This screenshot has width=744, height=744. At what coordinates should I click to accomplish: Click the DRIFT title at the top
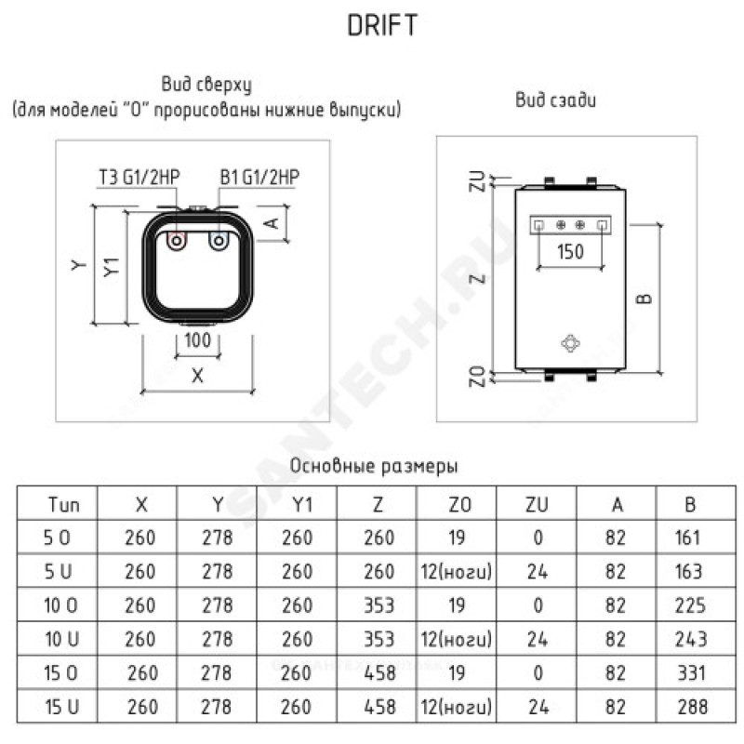click(382, 25)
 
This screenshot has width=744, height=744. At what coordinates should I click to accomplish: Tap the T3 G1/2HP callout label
click(139, 177)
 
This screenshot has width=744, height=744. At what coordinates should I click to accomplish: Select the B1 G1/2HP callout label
click(259, 177)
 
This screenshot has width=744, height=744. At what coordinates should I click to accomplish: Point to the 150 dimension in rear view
click(570, 251)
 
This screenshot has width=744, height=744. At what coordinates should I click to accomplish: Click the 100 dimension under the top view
click(197, 340)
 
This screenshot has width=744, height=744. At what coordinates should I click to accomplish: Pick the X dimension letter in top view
click(197, 376)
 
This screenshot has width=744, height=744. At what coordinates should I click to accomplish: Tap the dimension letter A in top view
click(272, 222)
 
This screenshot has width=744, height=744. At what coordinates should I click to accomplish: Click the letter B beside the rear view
click(644, 299)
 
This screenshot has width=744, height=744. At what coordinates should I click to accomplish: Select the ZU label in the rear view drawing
click(478, 180)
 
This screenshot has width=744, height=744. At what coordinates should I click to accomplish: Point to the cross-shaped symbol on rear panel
click(570, 343)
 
